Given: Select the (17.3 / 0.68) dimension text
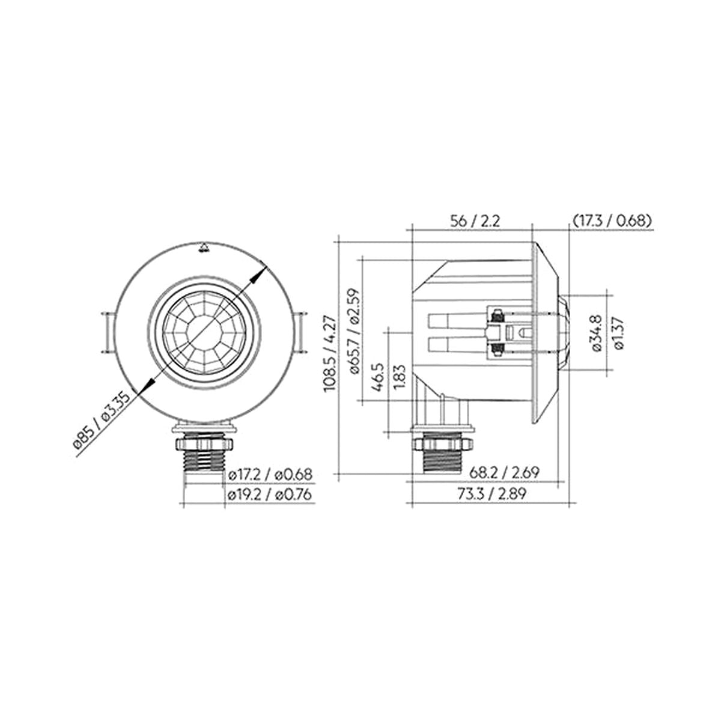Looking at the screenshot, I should pos(611,220).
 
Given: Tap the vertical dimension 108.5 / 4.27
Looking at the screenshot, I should pos(330,356).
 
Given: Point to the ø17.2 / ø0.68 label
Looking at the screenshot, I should pos(270,475).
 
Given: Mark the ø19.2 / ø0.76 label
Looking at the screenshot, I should pos(270,495).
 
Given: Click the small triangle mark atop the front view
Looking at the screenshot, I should pos(204,246).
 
